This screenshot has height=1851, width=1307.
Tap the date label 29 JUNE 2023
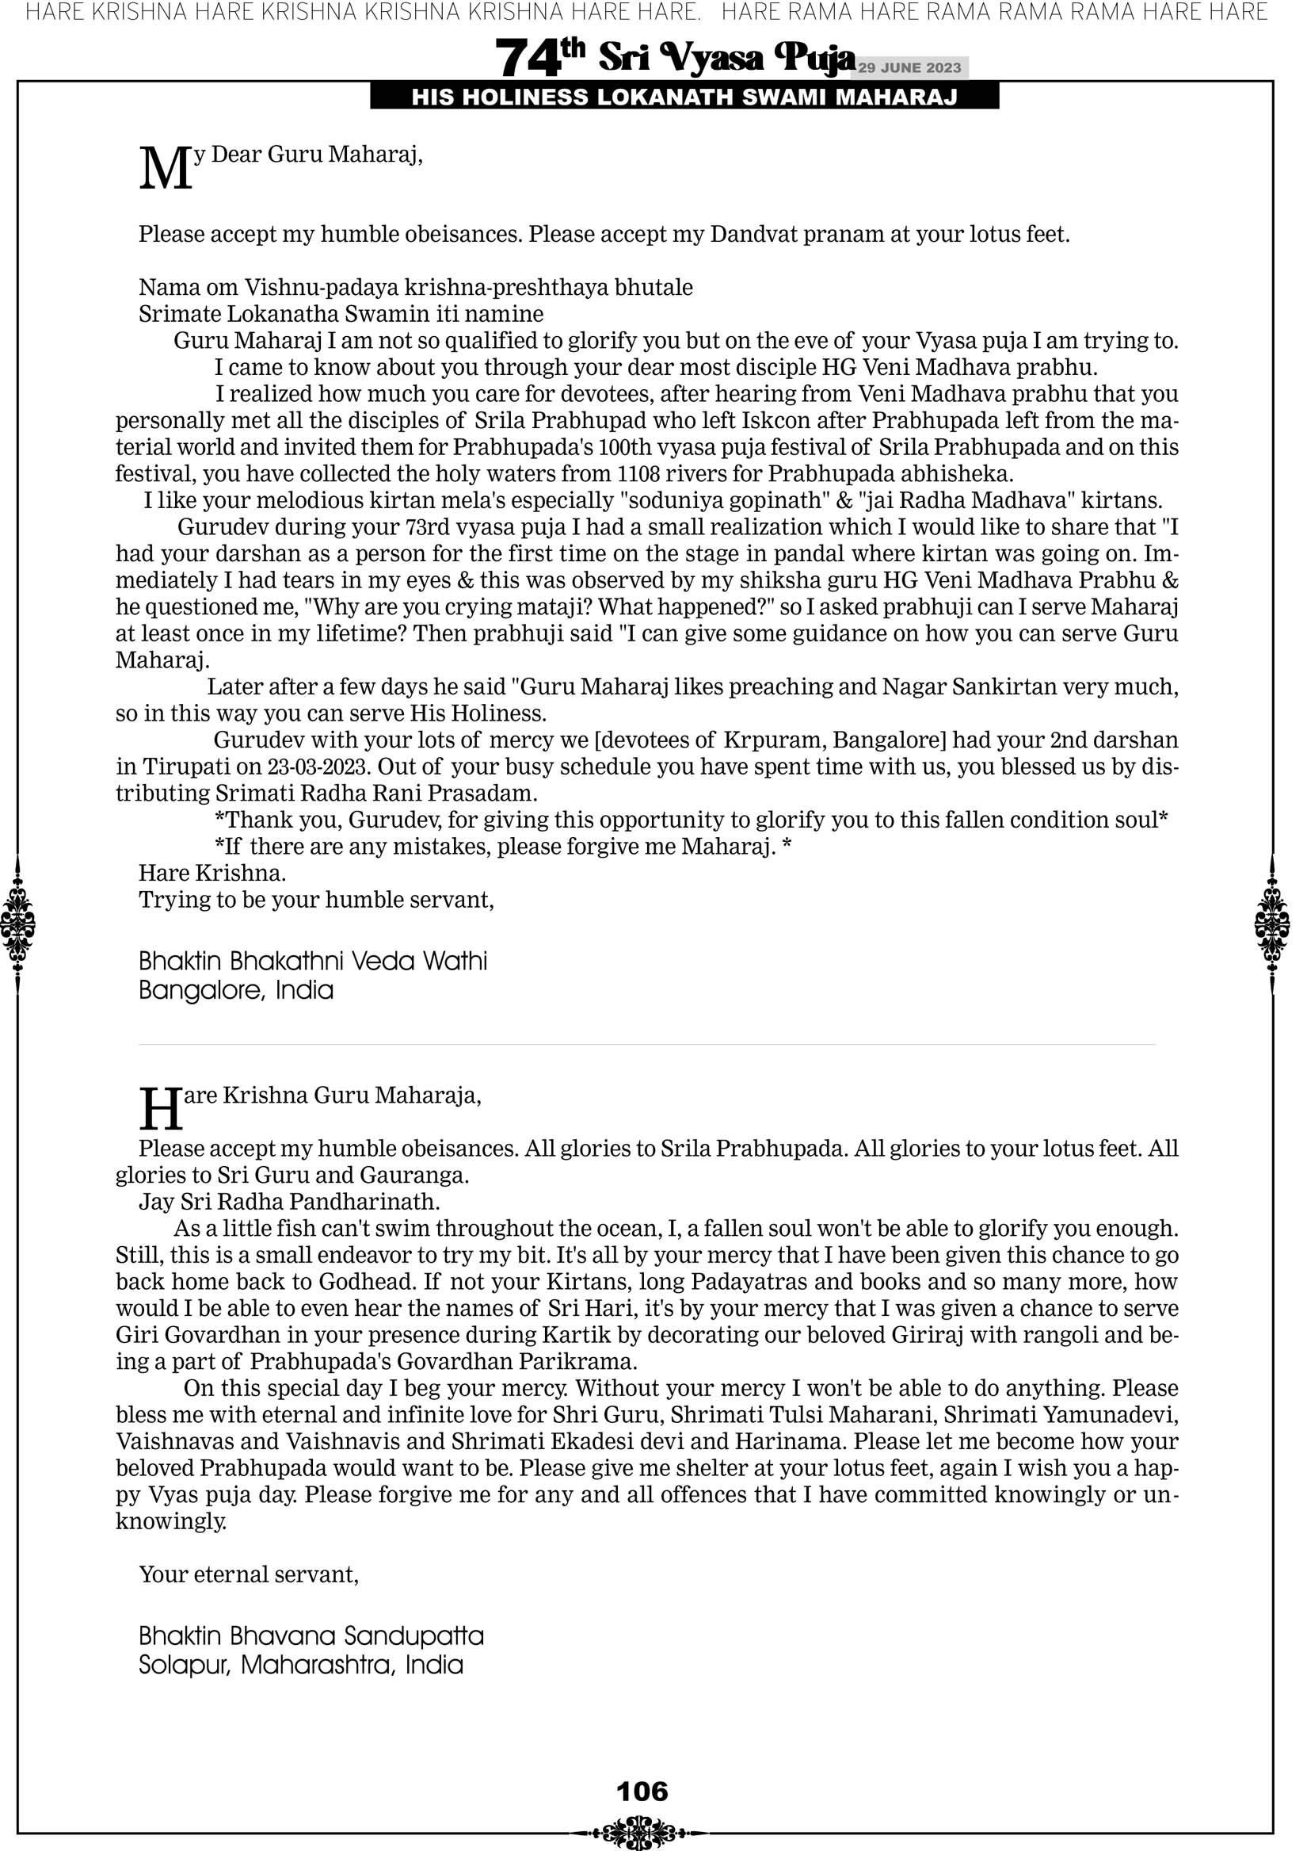(909, 67)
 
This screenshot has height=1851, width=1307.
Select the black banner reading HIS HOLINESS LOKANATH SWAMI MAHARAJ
(684, 98)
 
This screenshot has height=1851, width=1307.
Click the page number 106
(642, 1792)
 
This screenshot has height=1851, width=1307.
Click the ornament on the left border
(17, 924)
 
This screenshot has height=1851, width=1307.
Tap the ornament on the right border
(1272, 924)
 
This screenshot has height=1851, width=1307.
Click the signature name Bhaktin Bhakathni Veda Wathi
(313, 961)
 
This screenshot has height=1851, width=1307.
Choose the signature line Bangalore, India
(236, 990)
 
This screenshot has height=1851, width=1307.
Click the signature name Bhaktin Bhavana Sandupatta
(311, 1635)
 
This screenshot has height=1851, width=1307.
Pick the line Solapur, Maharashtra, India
(300, 1665)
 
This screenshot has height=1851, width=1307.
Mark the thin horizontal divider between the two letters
(647, 1045)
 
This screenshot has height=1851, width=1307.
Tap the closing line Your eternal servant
(248, 1574)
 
